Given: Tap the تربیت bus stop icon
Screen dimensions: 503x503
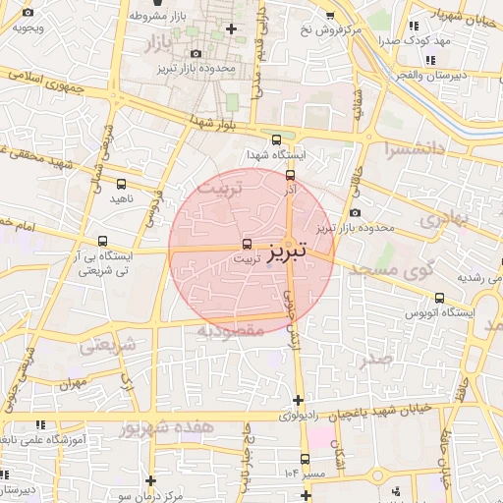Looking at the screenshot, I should point(246,245).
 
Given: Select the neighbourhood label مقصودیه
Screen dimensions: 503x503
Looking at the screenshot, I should point(231,331).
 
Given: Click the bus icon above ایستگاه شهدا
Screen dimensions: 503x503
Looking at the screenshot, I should point(276,140).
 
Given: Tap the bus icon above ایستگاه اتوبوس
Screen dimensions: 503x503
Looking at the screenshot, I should point(439,298).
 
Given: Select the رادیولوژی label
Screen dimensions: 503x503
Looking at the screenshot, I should point(298,416).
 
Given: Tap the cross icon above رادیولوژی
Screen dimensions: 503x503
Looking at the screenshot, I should point(298,400).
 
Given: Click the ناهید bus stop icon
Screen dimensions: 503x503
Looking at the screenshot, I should point(121,184).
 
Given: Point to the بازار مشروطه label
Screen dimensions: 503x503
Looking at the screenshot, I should point(157,17).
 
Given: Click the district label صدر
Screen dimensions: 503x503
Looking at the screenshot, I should point(376,359).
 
